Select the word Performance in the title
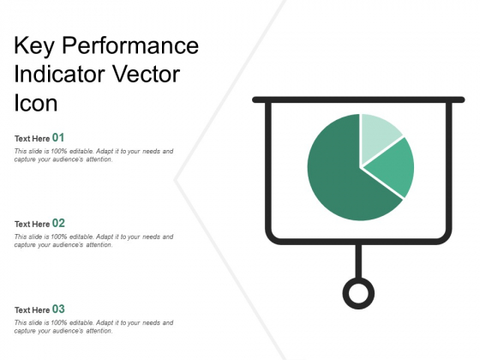pos(129,45)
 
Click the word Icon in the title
pos(36,102)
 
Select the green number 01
pos(58,137)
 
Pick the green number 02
pos(58,223)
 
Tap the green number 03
pos(58,309)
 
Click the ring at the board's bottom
pos(358,292)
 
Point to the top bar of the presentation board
pos(358,99)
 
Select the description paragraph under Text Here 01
pos(94,155)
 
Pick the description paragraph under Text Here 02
pos(94,241)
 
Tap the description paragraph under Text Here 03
pos(94,327)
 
